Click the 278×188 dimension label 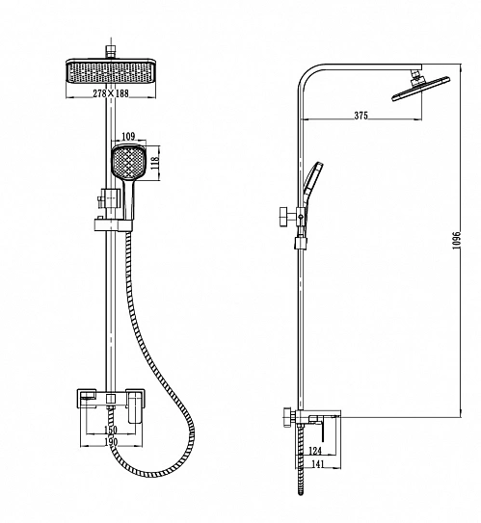[111, 93]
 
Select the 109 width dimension [128, 136]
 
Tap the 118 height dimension [155, 164]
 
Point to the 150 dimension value [111, 430]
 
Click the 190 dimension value [111, 442]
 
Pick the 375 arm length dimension [361, 116]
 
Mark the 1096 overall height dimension [456, 240]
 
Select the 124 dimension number [315, 451]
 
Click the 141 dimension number [317, 464]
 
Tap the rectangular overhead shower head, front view [111, 70]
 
